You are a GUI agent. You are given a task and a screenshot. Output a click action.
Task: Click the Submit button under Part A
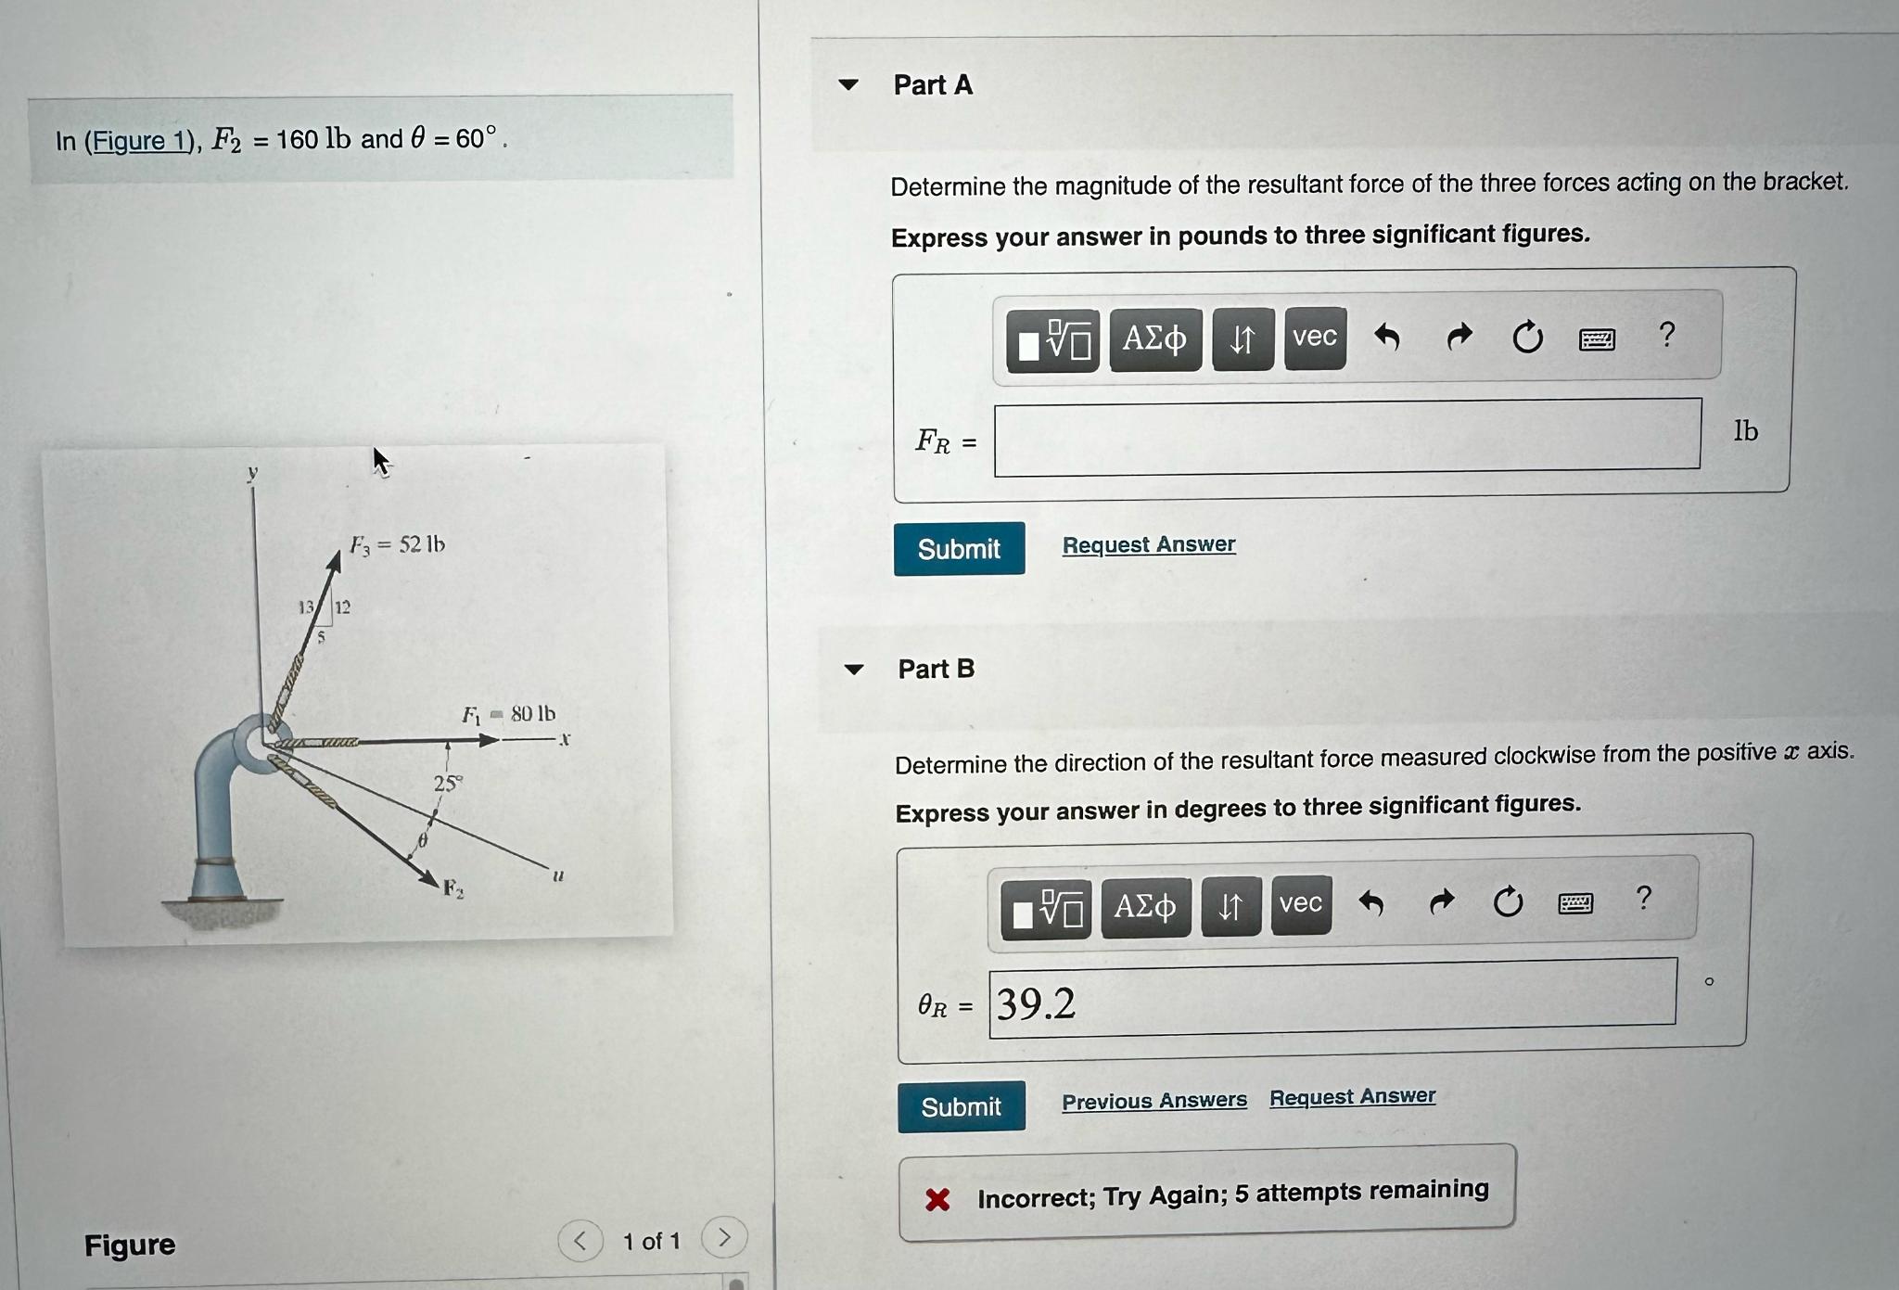(959, 549)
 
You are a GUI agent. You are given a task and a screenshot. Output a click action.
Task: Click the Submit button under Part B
(962, 1106)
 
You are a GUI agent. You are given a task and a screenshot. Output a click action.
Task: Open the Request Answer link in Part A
(1149, 544)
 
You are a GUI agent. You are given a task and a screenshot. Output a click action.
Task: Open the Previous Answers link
(1154, 1101)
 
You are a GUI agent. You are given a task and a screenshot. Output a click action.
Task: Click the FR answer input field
(1347, 436)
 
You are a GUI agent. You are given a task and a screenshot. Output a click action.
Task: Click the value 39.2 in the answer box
(1036, 1003)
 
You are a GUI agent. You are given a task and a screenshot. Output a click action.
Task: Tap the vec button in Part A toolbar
(1315, 338)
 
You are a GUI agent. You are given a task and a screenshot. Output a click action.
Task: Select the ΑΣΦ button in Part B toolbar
(1145, 906)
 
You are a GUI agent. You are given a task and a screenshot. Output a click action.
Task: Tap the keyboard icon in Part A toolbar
(1597, 339)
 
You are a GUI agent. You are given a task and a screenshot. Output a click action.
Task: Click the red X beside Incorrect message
(937, 1200)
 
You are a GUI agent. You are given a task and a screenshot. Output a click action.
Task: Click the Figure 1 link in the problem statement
(140, 141)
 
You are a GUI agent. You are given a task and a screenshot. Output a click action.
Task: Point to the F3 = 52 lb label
(397, 544)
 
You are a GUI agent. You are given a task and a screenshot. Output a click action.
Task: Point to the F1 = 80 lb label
(509, 713)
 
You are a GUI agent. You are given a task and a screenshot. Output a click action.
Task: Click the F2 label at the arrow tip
(453, 888)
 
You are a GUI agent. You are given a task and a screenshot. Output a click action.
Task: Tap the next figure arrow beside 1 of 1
(724, 1237)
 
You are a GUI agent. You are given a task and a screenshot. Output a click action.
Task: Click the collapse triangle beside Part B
(854, 669)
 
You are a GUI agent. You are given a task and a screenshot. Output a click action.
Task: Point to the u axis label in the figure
(558, 875)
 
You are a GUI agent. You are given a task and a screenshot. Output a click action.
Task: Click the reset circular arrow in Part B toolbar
(1508, 900)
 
